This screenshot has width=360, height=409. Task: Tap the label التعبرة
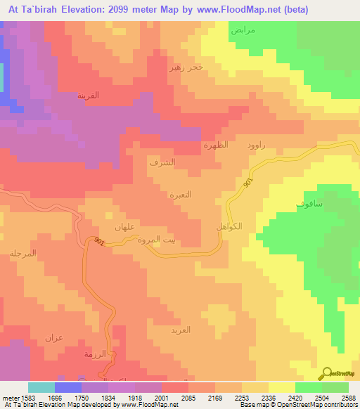pos(181,194)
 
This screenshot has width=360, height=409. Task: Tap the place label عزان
pos(54,338)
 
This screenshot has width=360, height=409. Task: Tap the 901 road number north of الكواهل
pos(248,181)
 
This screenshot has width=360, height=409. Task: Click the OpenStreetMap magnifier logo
pos(328,373)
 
